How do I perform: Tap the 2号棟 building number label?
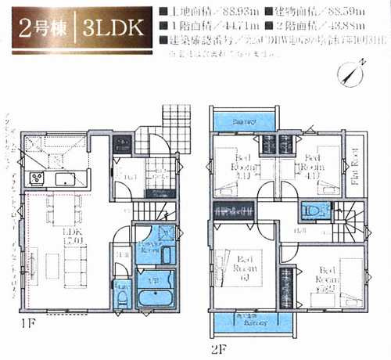tap(37, 29)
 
